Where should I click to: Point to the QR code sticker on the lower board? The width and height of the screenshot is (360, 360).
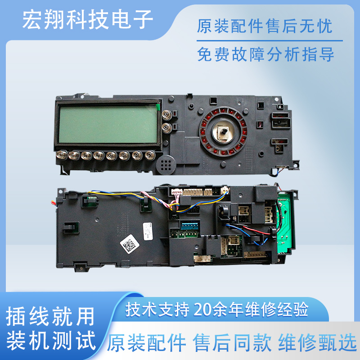click(130, 245)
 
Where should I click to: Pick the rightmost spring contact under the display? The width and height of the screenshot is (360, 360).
click(148, 156)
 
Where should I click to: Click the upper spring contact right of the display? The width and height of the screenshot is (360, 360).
click(167, 115)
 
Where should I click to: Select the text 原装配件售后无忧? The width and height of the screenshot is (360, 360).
click(265, 27)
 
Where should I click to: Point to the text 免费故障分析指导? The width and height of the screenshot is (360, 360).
click(265, 55)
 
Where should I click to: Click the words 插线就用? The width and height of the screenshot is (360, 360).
click(51, 318)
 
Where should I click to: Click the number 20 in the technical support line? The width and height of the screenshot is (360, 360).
click(202, 310)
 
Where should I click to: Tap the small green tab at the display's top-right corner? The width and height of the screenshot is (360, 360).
click(157, 106)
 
